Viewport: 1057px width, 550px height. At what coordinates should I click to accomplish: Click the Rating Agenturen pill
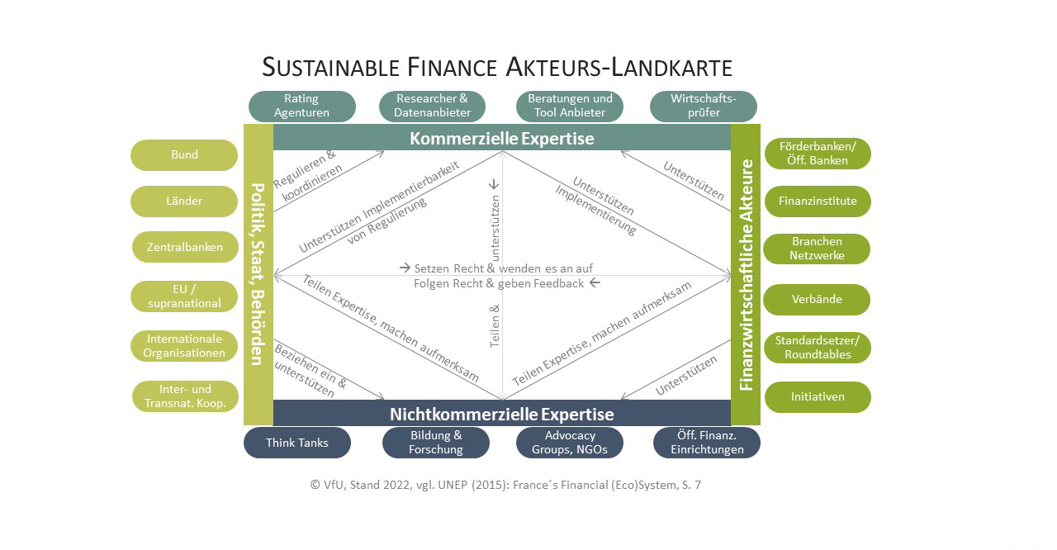click(301, 106)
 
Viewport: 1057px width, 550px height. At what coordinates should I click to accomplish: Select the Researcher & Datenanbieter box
click(432, 106)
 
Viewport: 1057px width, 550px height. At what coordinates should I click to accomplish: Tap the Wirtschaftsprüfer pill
click(703, 106)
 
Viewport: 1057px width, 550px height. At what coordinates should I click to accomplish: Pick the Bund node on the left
click(184, 154)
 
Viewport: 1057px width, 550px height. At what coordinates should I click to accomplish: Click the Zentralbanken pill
click(185, 247)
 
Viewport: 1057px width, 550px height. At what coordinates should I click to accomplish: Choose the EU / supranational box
click(184, 296)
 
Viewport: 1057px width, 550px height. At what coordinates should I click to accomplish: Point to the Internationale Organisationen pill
click(184, 346)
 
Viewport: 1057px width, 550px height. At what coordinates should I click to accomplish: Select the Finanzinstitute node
click(817, 201)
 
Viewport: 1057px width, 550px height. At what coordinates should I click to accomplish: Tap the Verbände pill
click(817, 299)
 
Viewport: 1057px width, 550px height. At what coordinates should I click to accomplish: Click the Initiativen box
click(818, 396)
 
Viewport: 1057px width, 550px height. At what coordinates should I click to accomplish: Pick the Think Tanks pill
click(296, 443)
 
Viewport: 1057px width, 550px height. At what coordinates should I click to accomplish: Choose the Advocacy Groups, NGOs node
click(570, 443)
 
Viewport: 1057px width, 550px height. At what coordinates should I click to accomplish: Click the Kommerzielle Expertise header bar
click(501, 138)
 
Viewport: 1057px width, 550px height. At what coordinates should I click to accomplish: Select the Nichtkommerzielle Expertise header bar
click(501, 413)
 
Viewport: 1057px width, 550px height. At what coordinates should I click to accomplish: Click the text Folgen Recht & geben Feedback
click(499, 283)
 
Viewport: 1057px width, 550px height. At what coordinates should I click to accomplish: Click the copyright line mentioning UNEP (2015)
click(505, 485)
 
